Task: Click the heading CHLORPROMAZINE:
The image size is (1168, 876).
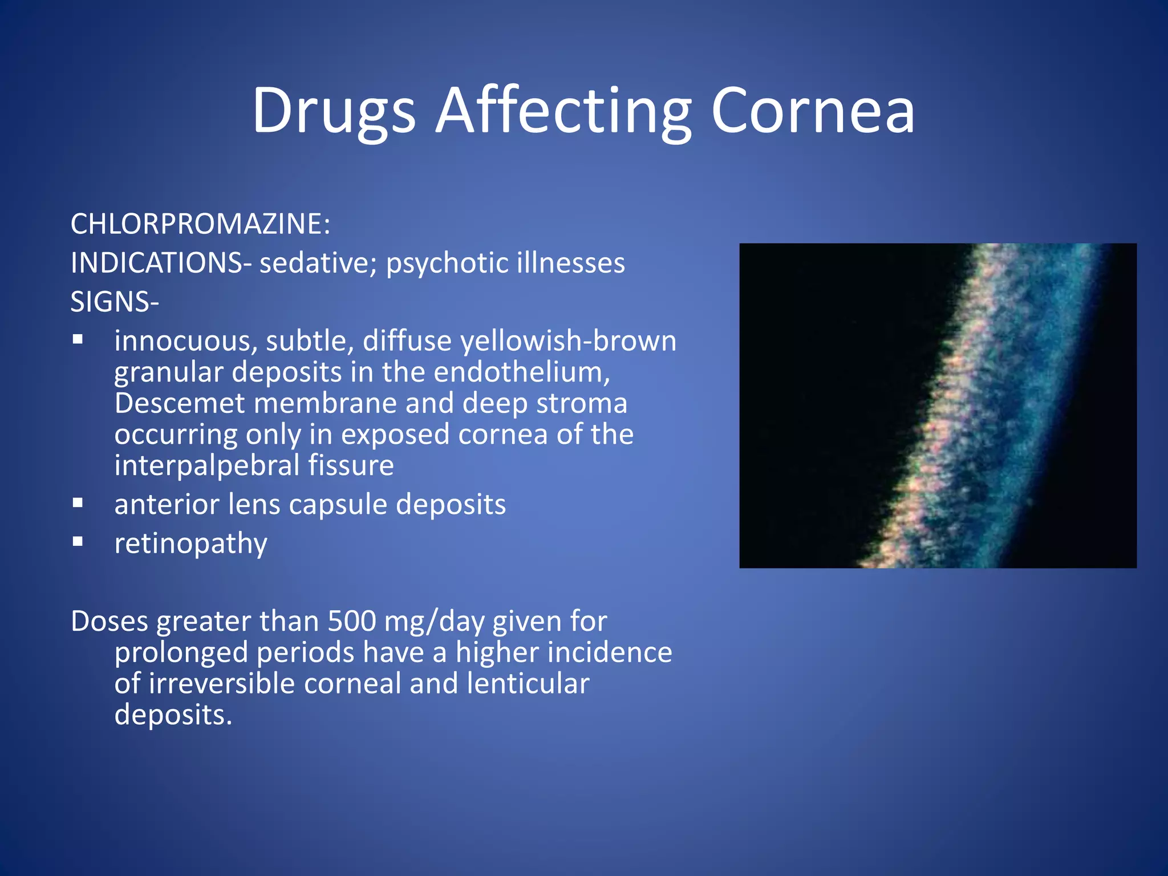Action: [x=200, y=224]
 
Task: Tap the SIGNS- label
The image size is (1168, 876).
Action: [x=115, y=302]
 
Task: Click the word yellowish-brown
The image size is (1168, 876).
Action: [x=568, y=341]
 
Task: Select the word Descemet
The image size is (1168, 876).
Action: [x=180, y=403]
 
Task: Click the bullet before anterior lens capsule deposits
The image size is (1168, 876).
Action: [x=78, y=503]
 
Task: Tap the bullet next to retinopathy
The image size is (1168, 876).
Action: [x=78, y=542]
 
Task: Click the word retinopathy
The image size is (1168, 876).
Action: [x=190, y=544]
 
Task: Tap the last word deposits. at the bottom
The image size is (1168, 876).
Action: [x=173, y=715]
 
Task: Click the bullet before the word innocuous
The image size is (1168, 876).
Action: [x=78, y=340]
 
